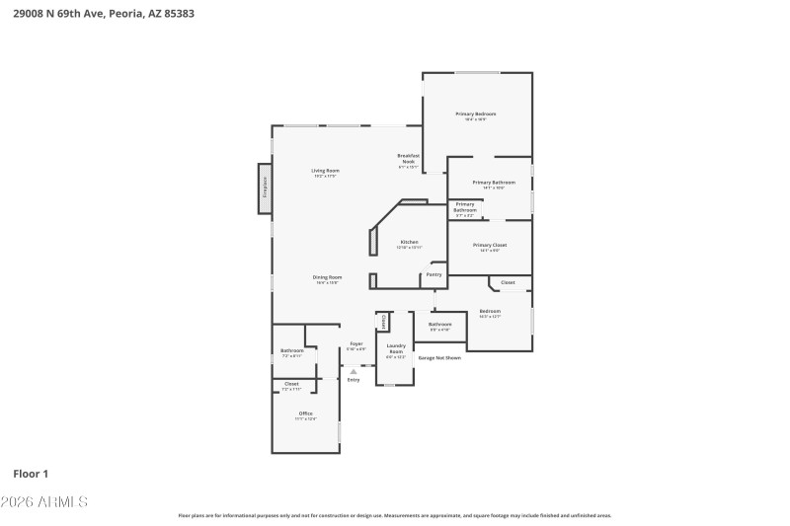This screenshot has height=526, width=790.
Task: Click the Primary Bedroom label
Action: pos(475,114)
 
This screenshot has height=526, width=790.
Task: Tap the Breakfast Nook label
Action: pos(409,158)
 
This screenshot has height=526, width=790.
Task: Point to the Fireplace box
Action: pos(265,188)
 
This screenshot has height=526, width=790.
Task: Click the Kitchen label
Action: pos(409,242)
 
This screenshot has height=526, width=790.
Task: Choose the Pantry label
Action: pos(434,274)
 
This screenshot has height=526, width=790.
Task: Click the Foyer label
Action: pos(356,344)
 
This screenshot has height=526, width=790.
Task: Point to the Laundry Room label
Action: pos(396,348)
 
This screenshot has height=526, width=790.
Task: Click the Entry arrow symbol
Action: pos(354,371)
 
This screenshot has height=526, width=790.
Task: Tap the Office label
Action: pos(305,413)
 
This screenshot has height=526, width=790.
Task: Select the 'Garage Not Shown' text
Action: pos(439,357)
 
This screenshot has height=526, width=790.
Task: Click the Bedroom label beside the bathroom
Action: pos(490,311)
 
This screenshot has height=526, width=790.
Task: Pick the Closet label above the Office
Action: pos(291,383)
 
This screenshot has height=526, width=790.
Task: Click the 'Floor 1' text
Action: pos(31,474)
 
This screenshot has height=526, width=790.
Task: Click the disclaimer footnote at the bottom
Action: pos(394,515)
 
